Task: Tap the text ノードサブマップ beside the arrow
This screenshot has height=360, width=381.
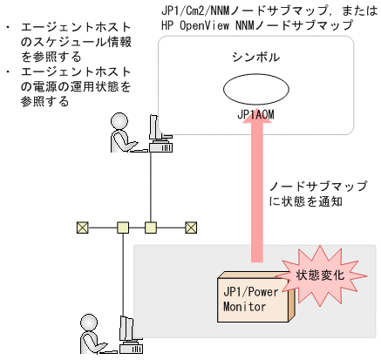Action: click(x=317, y=186)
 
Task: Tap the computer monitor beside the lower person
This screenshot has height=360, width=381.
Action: click(x=127, y=328)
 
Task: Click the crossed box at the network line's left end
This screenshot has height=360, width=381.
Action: click(x=82, y=228)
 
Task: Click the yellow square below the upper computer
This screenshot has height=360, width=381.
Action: click(x=150, y=228)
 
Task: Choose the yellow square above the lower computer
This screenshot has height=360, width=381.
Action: click(x=123, y=228)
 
